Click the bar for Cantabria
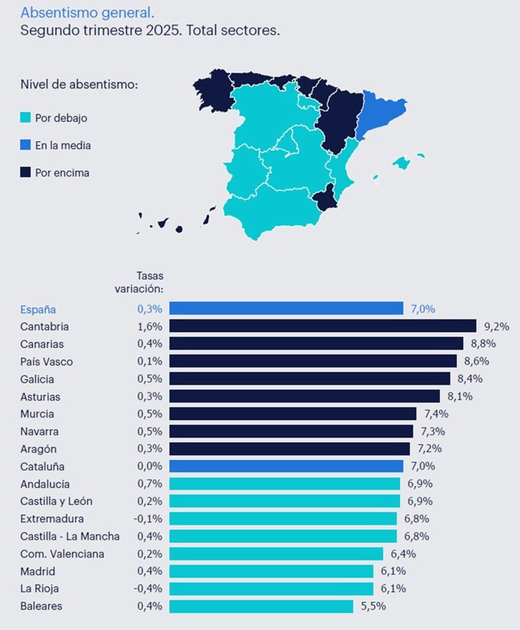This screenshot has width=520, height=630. [x=322, y=326]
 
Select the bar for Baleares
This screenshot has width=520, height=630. [x=261, y=606]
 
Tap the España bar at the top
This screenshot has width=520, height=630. [x=286, y=309]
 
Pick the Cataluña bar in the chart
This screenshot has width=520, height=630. [x=286, y=466]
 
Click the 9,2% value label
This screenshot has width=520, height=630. [x=496, y=327]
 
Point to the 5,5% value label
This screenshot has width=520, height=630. [x=373, y=606]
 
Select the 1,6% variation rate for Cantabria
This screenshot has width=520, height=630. [x=149, y=327]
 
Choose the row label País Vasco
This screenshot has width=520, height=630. [x=46, y=362]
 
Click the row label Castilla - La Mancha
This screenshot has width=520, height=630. [x=70, y=536]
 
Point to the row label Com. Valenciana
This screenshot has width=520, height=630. [x=62, y=554]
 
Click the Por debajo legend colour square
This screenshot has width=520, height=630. [x=26, y=117]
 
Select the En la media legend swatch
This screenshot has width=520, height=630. [x=26, y=145]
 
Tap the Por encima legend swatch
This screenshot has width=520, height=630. [x=26, y=172]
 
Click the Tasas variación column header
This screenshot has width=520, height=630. [x=139, y=282]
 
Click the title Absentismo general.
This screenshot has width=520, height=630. [x=87, y=13]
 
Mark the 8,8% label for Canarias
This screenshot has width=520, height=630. [x=483, y=344]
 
